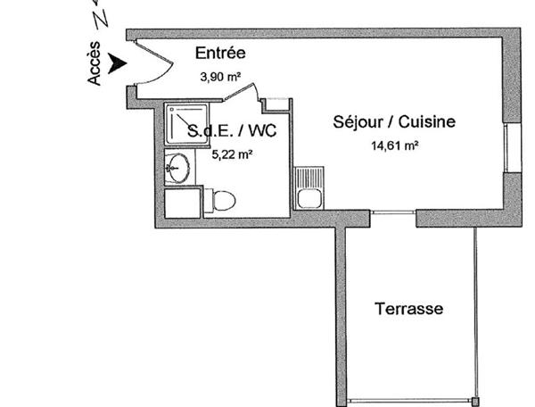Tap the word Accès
pyautogui.click(x=95, y=67)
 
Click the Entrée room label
pyautogui.click(x=219, y=54)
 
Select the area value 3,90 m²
pyautogui.click(x=223, y=78)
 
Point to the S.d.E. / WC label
pyautogui.click(x=232, y=130)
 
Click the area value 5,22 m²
pyautogui.click(x=231, y=153)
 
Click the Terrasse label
pyautogui.click(x=408, y=309)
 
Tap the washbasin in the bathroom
pyautogui.click(x=178, y=168)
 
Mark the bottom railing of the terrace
pyautogui.click(x=410, y=399)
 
